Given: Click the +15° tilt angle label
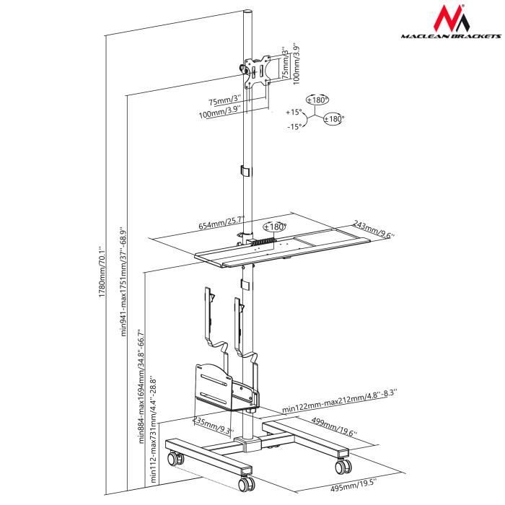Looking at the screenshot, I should point(293,113).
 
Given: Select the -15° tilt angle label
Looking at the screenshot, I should point(294,127).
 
